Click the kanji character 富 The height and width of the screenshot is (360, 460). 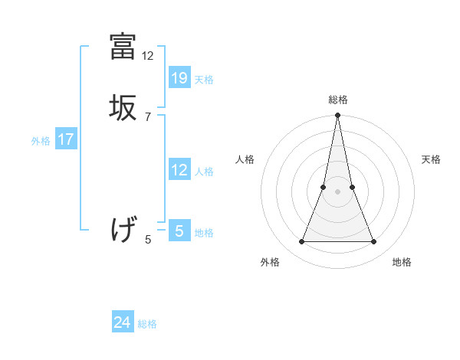pos(123,48)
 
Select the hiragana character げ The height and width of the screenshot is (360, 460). pos(123,229)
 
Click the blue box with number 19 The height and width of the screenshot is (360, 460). pos(179,77)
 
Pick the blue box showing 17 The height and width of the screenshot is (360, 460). pos(66,139)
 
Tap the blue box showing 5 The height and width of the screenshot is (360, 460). pos(179,230)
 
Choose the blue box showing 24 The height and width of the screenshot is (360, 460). pos(123,322)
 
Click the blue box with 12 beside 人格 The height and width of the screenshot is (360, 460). pos(179,170)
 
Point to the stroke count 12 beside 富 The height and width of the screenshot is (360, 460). pos(148,56)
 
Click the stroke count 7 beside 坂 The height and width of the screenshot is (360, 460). pos(148,116)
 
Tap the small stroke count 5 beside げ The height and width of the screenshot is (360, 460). pos(148,240)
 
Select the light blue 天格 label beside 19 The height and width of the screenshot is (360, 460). pos(204,80)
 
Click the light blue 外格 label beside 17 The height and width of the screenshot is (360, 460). pos(41,141)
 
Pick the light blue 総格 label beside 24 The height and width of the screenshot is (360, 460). pos(147,324)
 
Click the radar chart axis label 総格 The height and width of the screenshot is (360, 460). pos(338,100)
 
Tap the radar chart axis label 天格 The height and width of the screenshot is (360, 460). pos(432,159)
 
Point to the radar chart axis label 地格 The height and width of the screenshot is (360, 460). pos(402,262)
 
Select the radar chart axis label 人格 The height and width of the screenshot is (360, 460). pos(245,159)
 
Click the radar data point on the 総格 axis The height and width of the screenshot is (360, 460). pos(338,116)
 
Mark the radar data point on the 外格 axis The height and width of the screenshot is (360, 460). pos(301,242)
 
